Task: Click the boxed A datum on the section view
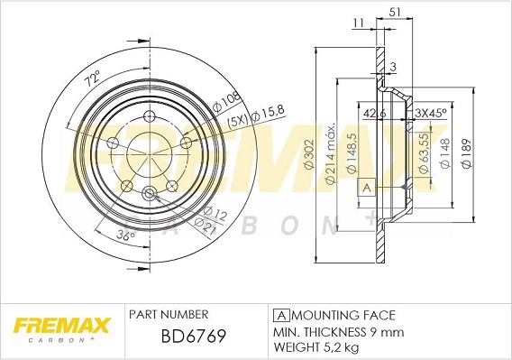[x=367, y=188]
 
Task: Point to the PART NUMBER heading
[x=169, y=315]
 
